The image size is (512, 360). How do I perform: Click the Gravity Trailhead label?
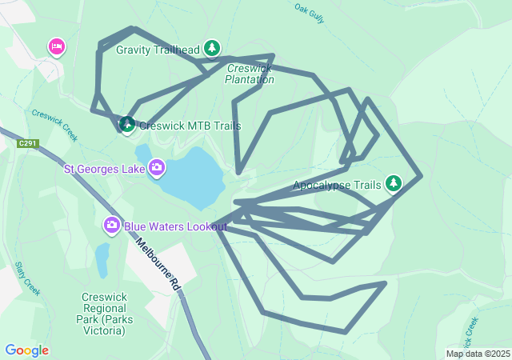point(158,50)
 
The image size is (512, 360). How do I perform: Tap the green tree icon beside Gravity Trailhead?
point(212,49)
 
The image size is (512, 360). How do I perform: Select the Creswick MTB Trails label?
point(190,126)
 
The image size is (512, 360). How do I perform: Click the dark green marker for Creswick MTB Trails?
point(127,124)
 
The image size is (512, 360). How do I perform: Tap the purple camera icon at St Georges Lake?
point(157,168)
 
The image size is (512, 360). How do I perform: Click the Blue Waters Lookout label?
point(175,226)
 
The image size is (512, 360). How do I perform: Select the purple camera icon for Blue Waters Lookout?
point(112,226)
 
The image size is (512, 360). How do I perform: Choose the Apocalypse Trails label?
point(337,185)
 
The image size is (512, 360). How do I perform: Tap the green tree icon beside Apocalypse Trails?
point(393,184)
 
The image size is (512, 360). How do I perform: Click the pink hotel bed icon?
point(56,47)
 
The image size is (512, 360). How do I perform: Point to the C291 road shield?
point(27,143)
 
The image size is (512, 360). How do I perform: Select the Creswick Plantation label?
point(250,74)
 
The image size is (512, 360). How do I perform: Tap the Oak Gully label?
point(309,13)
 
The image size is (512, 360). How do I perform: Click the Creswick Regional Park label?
point(104,314)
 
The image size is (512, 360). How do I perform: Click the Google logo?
point(26,350)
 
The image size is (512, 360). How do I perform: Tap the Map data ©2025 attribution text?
point(478,354)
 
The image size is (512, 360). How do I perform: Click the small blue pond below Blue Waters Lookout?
point(102,260)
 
